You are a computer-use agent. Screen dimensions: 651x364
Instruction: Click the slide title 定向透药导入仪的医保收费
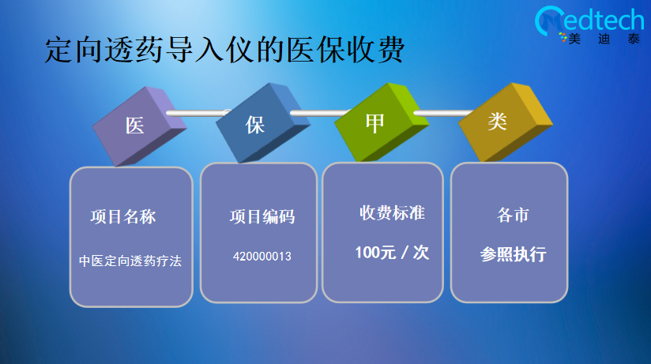point(224,50)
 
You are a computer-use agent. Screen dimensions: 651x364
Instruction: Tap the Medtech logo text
point(589,20)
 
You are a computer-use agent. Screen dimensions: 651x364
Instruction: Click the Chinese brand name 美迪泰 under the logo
point(604,39)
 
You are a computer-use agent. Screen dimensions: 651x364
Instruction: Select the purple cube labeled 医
point(140,126)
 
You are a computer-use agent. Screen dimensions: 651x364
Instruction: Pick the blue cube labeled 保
point(263,123)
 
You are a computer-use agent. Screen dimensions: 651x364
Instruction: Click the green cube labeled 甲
point(382,122)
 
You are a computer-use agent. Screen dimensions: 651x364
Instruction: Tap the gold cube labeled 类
point(506,122)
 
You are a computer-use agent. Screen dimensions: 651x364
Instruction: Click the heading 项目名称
point(123,216)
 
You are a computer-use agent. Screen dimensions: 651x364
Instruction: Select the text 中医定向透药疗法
point(130,261)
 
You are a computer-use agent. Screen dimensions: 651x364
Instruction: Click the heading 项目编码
point(262,216)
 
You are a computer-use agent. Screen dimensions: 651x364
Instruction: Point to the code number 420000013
point(262,257)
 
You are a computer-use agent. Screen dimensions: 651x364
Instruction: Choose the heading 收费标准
point(393,213)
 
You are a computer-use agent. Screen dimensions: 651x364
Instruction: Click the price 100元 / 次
point(392,253)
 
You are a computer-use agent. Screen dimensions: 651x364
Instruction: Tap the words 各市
point(514,215)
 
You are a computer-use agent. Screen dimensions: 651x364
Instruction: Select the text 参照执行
point(514,254)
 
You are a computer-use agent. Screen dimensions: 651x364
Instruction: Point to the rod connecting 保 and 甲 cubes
point(320,113)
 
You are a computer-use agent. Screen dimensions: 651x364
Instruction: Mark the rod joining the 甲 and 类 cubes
point(443,113)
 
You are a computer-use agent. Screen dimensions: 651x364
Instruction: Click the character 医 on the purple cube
point(135,126)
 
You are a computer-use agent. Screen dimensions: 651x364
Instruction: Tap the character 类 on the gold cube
point(497,121)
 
